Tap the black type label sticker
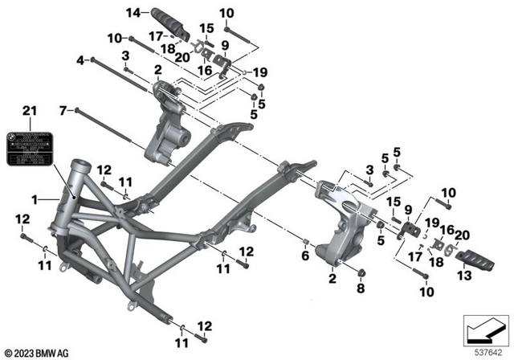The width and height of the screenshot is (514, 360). coord(30,148)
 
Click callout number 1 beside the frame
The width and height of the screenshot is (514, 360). coord(33,197)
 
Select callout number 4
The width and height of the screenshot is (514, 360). coord(80,60)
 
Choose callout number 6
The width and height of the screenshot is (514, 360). coord(304,256)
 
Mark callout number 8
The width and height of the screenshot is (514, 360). coord(360,288)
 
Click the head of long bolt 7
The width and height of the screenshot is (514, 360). coord(76,110)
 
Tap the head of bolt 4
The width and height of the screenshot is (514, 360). coord(95,60)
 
